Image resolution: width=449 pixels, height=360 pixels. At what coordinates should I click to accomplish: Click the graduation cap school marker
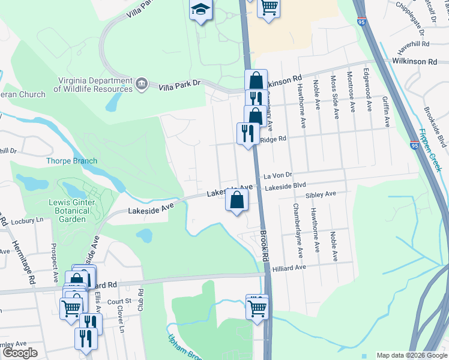(x=200, y=10)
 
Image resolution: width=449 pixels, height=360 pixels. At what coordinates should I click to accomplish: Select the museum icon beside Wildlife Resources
(x=142, y=83)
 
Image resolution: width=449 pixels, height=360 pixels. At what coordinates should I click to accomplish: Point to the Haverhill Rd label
(x=414, y=44)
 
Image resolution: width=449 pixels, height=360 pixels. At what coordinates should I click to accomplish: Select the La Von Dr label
(x=277, y=176)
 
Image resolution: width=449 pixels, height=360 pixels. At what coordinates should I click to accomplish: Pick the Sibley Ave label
(x=321, y=195)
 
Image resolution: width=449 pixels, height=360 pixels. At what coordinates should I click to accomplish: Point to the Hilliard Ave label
(x=291, y=267)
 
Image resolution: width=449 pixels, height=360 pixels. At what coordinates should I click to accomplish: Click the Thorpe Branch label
(x=72, y=161)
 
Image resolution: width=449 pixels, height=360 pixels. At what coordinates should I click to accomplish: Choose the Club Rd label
(x=141, y=299)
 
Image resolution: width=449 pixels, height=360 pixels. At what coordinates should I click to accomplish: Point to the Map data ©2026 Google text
(x=411, y=355)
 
